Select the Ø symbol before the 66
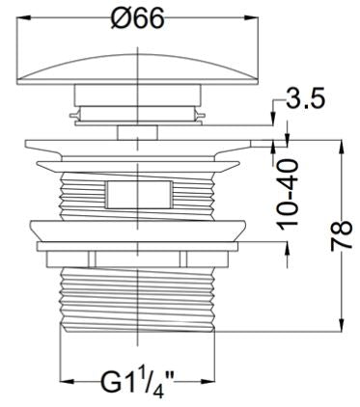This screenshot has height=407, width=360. pyautogui.click(x=120, y=17)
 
